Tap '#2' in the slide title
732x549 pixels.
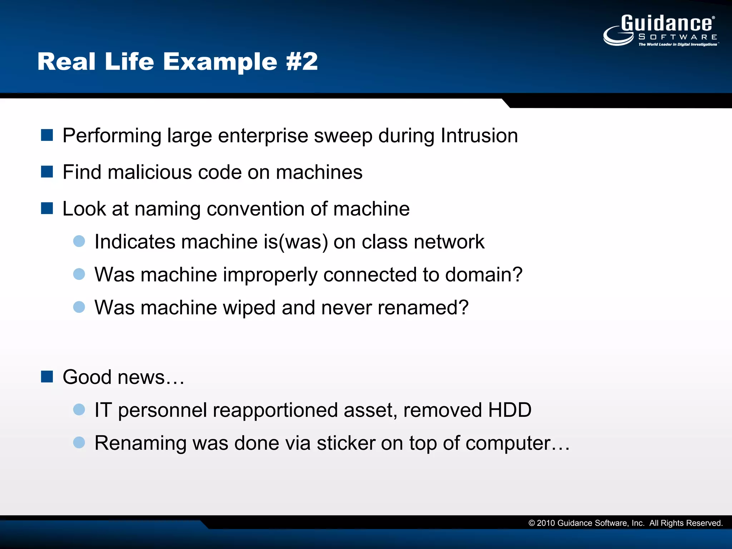(x=302, y=61)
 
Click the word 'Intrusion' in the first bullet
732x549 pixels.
(x=479, y=136)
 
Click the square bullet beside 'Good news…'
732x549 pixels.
(x=47, y=377)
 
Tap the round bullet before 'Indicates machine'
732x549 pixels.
(x=79, y=241)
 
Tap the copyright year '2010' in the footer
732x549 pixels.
(x=545, y=523)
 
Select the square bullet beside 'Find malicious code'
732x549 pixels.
(x=47, y=172)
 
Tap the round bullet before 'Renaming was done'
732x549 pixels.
(x=79, y=442)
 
